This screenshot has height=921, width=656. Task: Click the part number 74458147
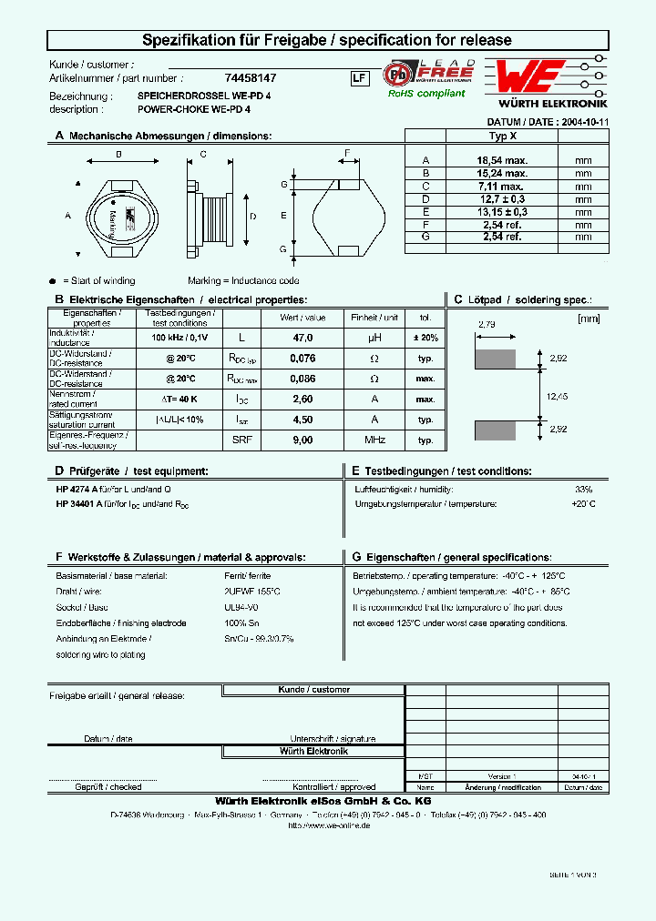[x=251, y=79]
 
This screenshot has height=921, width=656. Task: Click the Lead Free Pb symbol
[x=396, y=74]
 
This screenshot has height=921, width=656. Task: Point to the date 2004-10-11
[x=584, y=121]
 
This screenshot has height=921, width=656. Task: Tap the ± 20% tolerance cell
[x=425, y=338]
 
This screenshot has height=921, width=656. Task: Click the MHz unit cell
[x=374, y=440]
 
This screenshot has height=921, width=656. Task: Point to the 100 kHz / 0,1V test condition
[x=179, y=338]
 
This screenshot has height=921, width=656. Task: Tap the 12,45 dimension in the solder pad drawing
[x=557, y=396]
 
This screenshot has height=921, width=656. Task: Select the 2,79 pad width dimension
[x=487, y=323]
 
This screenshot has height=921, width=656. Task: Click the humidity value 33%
[x=584, y=489]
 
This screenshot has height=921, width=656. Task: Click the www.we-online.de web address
[x=329, y=825]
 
